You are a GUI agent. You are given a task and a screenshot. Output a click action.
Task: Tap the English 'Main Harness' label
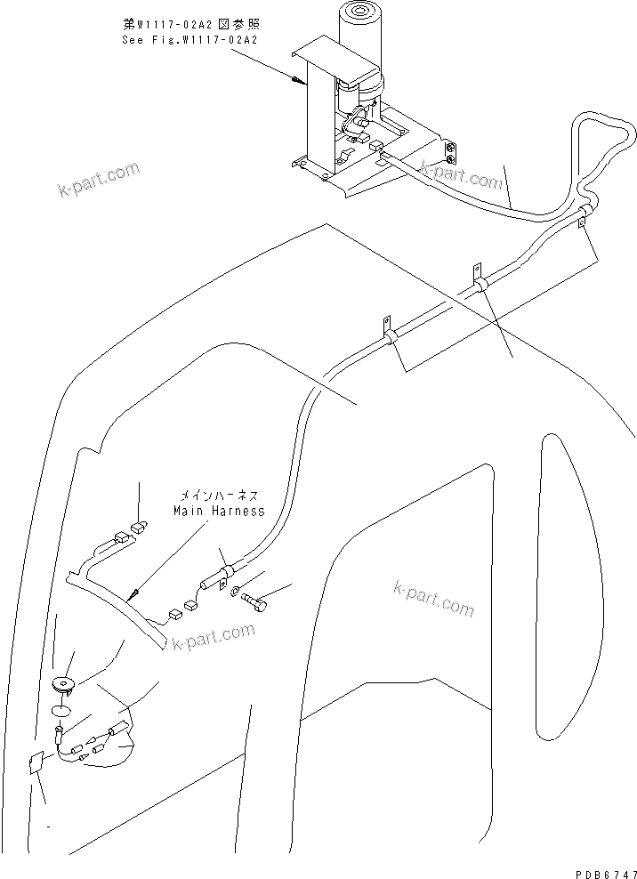(x=218, y=511)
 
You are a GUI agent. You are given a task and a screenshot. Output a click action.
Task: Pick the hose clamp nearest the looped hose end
(x=585, y=215)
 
